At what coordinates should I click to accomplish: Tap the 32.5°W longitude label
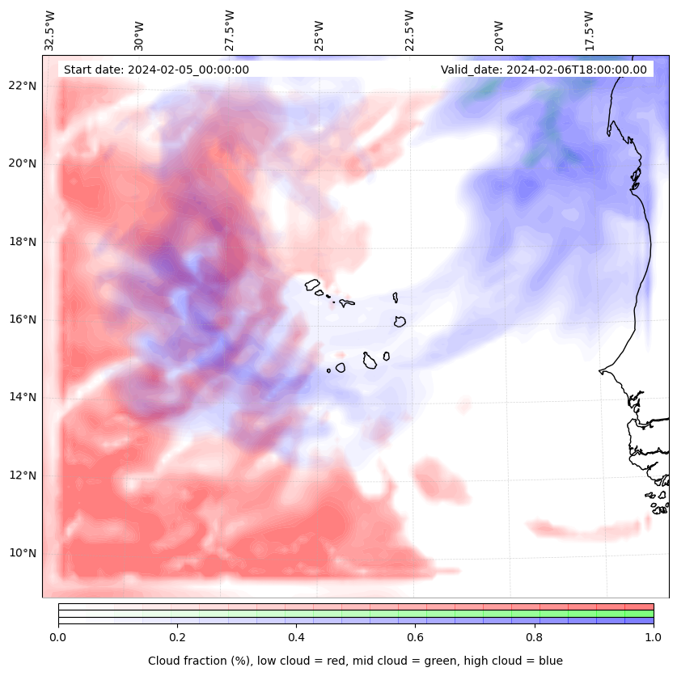click(x=50, y=31)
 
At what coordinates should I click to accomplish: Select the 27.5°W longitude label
click(x=230, y=31)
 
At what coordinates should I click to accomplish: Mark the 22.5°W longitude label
click(x=409, y=31)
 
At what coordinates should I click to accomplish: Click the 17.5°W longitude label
click(x=590, y=31)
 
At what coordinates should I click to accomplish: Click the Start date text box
click(x=156, y=70)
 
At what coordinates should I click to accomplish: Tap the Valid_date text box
click(x=544, y=70)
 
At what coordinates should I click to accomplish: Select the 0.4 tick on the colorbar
click(x=296, y=636)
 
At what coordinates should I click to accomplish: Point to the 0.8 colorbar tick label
click(x=535, y=636)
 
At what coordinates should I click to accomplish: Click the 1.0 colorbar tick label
click(x=654, y=636)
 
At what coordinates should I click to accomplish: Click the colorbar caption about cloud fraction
click(x=355, y=661)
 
